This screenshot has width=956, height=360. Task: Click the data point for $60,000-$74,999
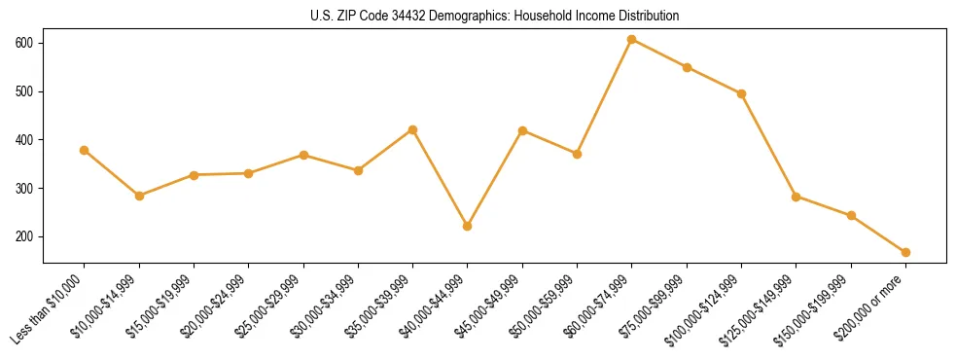(632, 40)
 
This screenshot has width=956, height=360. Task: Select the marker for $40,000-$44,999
(468, 226)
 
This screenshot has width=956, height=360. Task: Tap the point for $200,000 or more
(905, 252)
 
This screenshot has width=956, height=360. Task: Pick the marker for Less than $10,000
(84, 150)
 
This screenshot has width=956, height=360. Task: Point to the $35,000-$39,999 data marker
(412, 129)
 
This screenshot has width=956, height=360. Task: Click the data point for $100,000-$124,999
(741, 93)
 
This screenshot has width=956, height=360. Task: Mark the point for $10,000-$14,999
(139, 196)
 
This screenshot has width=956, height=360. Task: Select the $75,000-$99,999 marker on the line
(687, 67)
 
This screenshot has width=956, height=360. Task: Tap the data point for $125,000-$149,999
(796, 197)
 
